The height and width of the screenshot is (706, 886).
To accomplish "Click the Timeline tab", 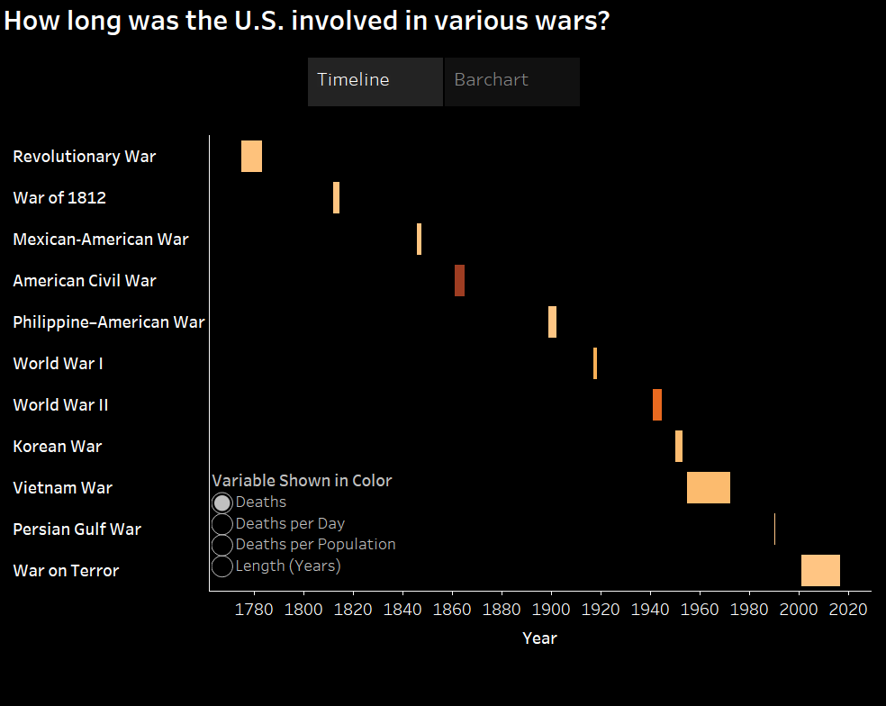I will [x=375, y=81].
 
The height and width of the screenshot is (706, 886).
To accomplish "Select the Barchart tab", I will [x=511, y=81].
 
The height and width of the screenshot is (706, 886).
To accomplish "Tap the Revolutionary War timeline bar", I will [x=251, y=157].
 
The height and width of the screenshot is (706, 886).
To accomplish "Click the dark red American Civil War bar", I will [x=459, y=281].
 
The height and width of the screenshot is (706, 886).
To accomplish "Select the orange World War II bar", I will [x=657, y=405].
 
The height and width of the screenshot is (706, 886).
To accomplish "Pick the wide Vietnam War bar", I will [x=708, y=488].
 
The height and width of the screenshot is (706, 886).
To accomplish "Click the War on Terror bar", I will [x=820, y=571].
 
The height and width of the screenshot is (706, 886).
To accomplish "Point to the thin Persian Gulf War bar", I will [x=774, y=529].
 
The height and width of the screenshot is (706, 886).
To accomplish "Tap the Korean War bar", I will [x=679, y=447].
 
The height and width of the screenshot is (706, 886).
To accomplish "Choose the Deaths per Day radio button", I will [x=222, y=524].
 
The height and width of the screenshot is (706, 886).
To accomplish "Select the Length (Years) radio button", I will [x=222, y=566].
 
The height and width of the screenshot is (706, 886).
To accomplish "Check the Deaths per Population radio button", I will [x=222, y=545].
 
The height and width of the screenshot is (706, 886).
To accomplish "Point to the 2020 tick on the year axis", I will [x=847, y=609].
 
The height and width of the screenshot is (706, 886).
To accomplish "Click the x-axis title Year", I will [x=539, y=638].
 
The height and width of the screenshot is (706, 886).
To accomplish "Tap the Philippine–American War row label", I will [x=108, y=322].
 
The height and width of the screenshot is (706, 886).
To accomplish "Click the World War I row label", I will [x=58, y=364].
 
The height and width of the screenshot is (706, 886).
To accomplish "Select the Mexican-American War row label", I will [x=101, y=240].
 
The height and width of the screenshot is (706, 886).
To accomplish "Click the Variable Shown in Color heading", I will [x=302, y=481].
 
